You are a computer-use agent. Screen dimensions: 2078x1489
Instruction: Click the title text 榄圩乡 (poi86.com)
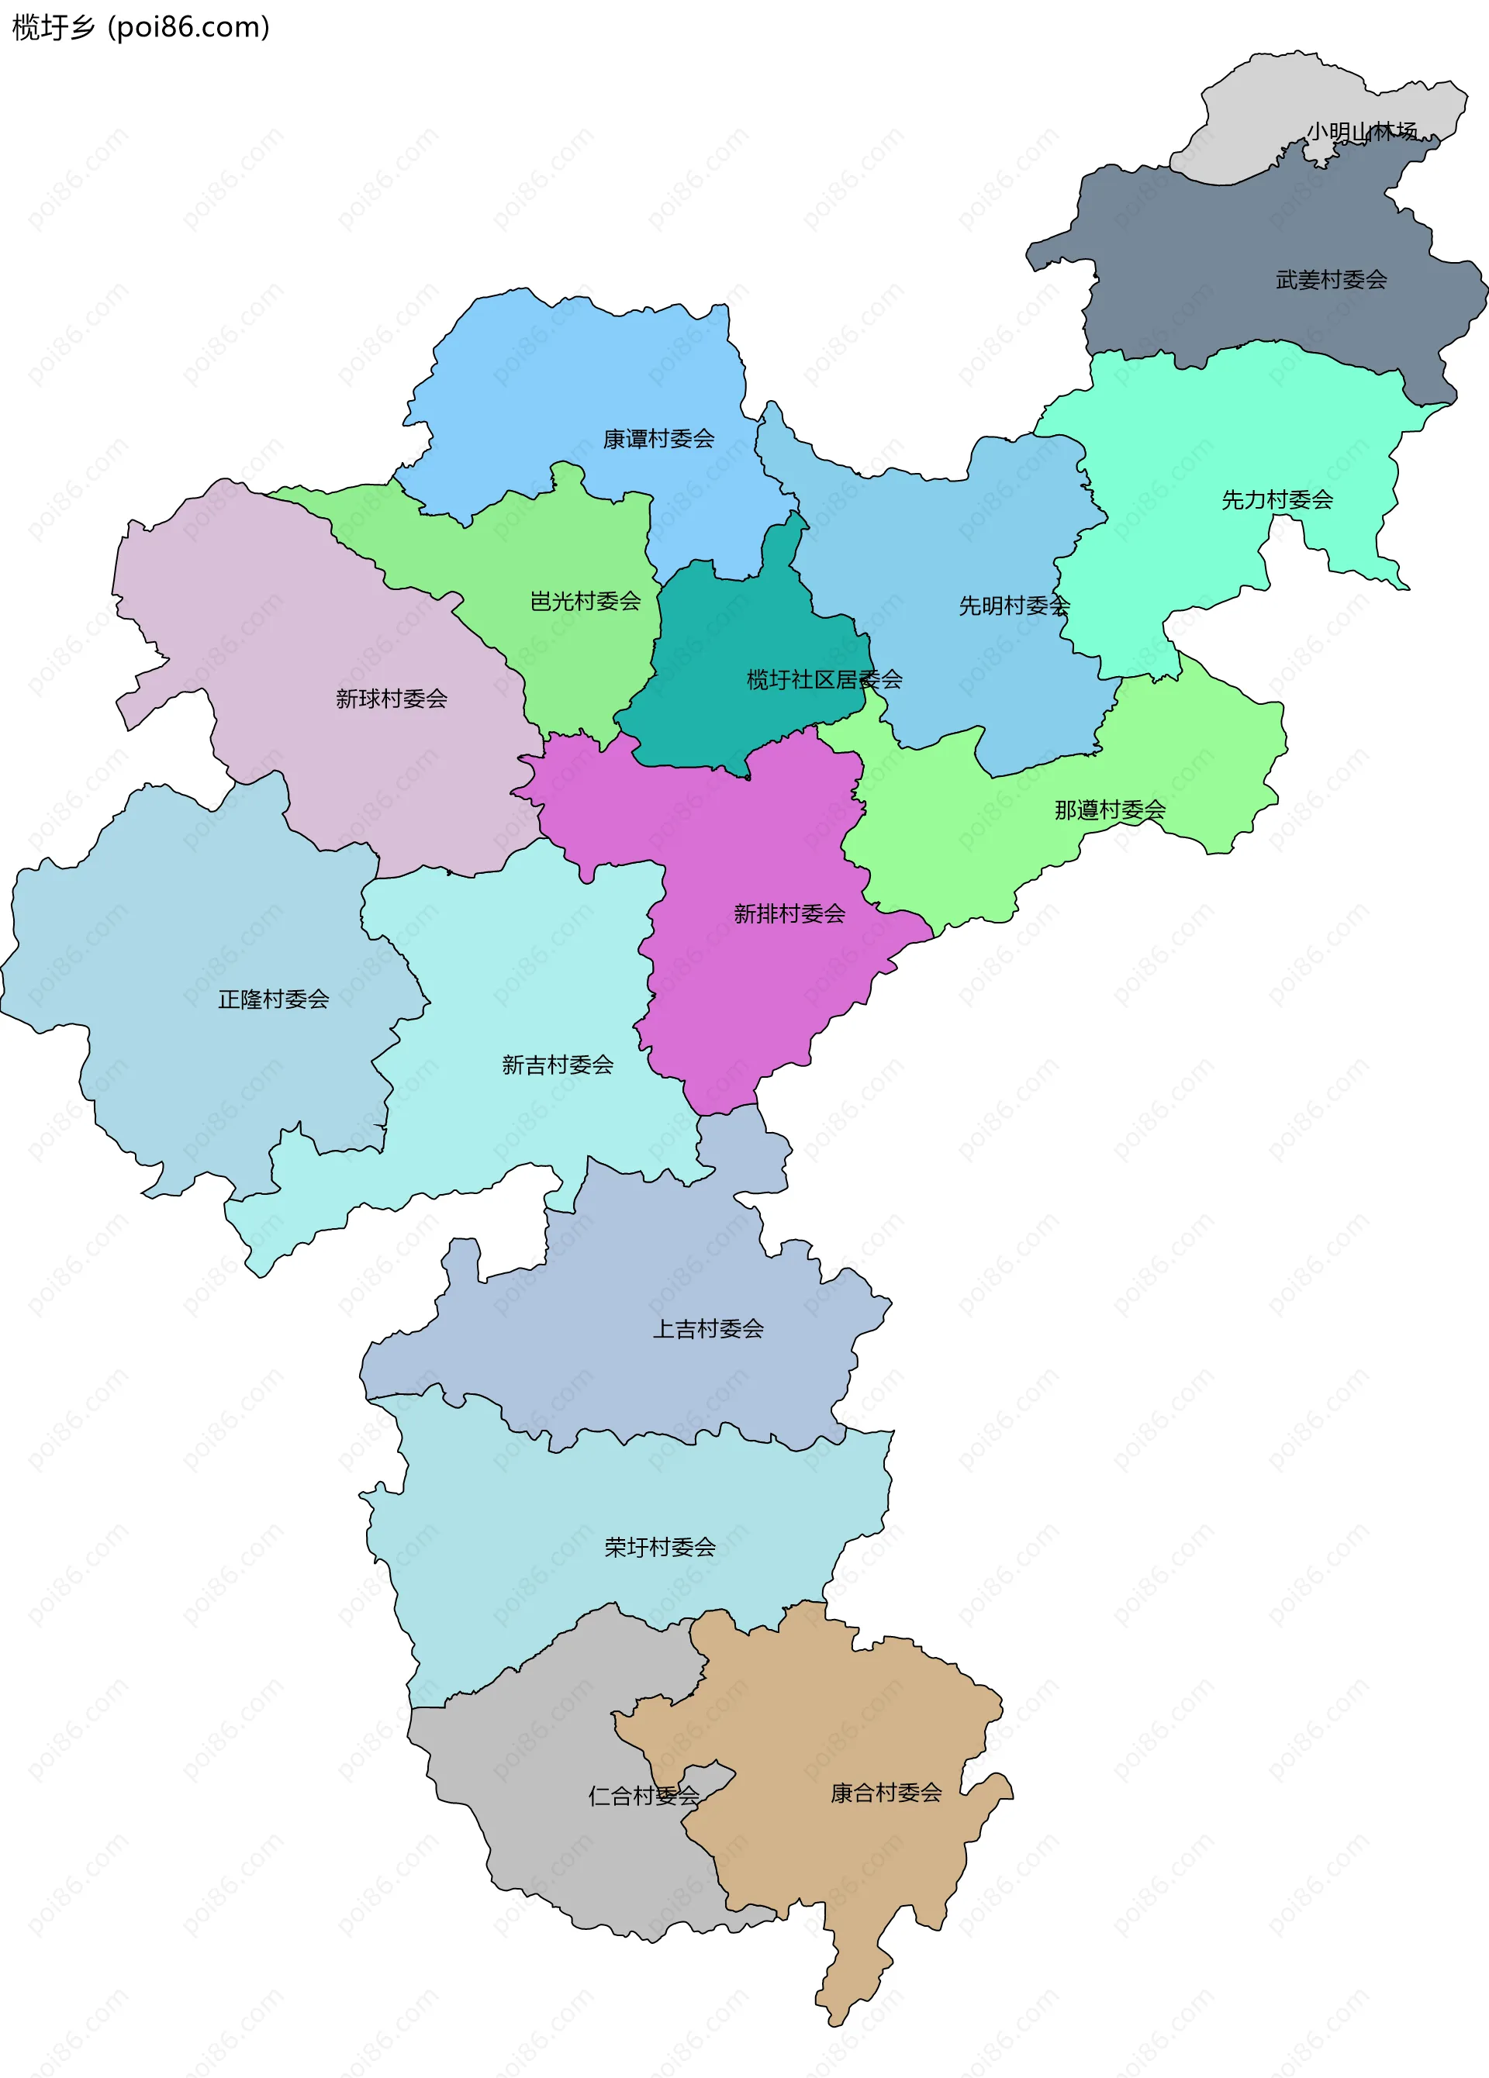140,27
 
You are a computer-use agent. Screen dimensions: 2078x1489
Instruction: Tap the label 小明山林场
1361,132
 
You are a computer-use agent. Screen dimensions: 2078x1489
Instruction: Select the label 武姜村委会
1331,281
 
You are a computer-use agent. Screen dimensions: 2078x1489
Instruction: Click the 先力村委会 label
1277,500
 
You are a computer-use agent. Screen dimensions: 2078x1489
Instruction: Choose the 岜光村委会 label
585,602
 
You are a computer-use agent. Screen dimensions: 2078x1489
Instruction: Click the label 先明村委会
1014,606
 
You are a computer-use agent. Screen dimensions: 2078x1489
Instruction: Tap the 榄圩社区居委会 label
824,680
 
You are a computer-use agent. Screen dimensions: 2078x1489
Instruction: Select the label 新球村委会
392,700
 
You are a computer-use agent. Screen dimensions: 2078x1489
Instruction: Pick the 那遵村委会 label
1110,810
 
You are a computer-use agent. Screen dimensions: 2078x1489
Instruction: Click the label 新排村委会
789,913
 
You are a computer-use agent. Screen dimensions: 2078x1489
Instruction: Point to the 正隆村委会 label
273,999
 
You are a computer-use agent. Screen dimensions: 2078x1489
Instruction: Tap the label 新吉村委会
557,1065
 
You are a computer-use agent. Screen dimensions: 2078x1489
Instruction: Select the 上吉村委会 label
707,1330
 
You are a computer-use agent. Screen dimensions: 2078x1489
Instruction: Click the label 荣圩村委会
660,1548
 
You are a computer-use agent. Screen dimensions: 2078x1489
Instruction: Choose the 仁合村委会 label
643,1796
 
